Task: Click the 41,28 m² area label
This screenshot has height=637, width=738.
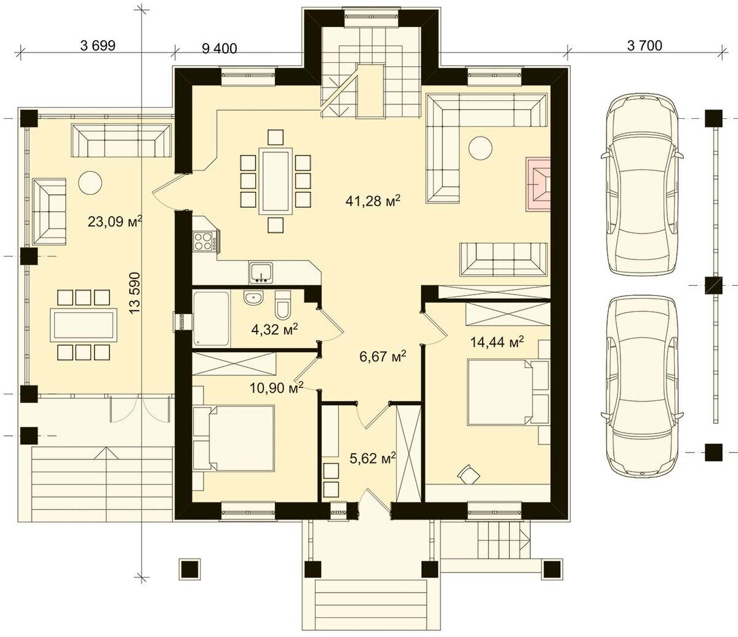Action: (x=373, y=200)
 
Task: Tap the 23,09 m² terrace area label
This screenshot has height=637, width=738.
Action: (x=115, y=221)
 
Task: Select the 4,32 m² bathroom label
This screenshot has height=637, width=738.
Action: (x=274, y=329)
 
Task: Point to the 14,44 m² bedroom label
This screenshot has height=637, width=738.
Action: (x=497, y=342)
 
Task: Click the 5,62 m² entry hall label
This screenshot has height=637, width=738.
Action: (x=373, y=458)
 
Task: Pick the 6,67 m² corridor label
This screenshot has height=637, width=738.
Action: (x=383, y=357)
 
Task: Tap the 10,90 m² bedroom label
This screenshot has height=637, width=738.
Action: (x=277, y=387)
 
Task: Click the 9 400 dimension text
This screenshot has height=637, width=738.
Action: (x=220, y=48)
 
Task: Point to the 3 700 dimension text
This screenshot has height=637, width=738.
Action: (x=645, y=45)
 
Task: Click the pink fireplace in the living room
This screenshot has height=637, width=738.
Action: (x=538, y=184)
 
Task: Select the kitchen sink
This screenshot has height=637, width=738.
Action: (x=261, y=273)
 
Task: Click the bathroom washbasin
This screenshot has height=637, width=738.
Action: (x=253, y=298)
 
